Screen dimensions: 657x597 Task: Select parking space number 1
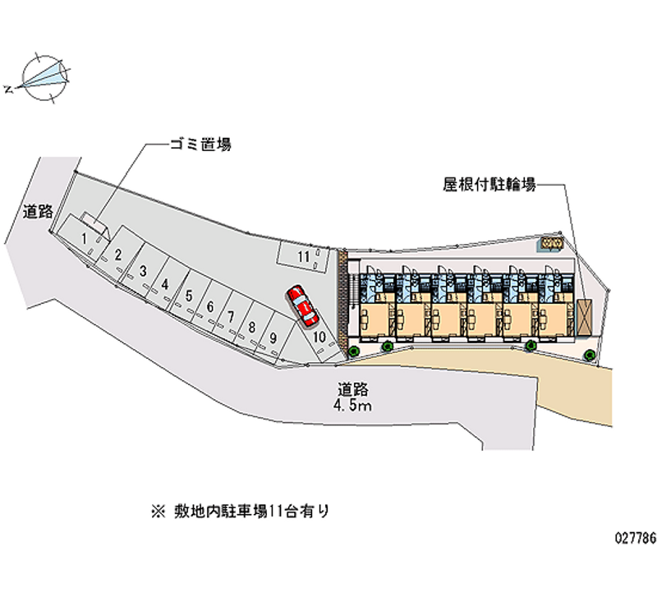coord(85,238)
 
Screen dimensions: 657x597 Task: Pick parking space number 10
coord(319,336)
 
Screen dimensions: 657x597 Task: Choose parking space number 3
coord(143,270)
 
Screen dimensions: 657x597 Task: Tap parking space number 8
coord(252,324)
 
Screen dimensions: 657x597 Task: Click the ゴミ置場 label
coord(200,145)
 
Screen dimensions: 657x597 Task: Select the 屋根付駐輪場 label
coord(489,186)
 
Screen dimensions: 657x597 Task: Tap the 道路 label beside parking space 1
coord(37,212)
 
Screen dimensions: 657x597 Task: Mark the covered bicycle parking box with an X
coord(585,316)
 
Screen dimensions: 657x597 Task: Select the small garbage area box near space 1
coord(92,223)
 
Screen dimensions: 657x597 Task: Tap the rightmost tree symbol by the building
coord(590,354)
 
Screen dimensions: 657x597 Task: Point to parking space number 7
coord(232,316)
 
